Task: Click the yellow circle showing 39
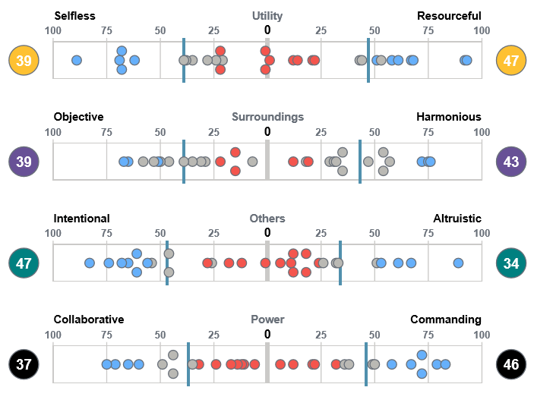coord(24,60)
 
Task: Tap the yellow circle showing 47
coord(511,60)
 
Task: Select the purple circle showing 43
coord(511,162)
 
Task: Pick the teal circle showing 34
coord(511,263)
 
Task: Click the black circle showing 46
coord(511,364)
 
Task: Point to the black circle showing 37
coord(24,364)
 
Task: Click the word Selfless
coord(74,16)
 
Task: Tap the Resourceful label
coord(449,16)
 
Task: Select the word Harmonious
coord(448,117)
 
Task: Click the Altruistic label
coord(457,218)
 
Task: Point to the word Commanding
coord(445,320)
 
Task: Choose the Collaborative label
coord(89,320)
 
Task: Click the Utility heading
coord(267,16)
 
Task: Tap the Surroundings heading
coord(267,117)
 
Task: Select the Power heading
coord(267,320)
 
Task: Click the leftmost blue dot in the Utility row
coord(77,60)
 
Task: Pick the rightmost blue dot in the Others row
coord(458,263)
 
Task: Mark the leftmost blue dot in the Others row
coord(90,263)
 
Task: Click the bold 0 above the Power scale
coord(267,334)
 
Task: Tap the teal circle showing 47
coord(24,263)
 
